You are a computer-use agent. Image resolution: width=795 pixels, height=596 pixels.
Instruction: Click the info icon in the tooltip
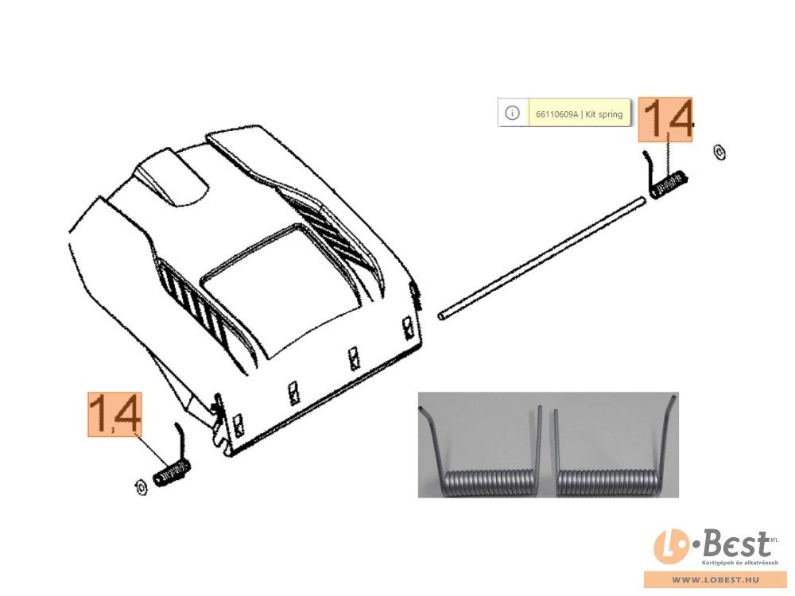point(512,113)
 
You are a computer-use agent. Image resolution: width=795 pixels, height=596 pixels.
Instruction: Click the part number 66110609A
point(556,114)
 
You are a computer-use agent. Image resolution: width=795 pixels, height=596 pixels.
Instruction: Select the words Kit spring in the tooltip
point(604,114)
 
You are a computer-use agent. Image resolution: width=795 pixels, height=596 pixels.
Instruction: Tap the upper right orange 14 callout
point(665,119)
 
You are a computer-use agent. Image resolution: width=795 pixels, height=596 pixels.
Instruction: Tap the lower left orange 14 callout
point(114,414)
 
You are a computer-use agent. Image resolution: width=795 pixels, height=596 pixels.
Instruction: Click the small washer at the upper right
point(719,152)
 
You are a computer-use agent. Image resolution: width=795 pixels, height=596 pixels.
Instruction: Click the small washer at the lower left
point(141,486)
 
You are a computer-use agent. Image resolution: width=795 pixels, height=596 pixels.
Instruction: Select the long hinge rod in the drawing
point(541,259)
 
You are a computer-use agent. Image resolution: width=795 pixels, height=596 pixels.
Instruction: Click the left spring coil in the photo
point(489,483)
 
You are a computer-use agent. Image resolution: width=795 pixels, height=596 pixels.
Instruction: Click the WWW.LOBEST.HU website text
point(715,579)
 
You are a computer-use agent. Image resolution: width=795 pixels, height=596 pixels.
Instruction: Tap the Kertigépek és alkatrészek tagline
point(739,563)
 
